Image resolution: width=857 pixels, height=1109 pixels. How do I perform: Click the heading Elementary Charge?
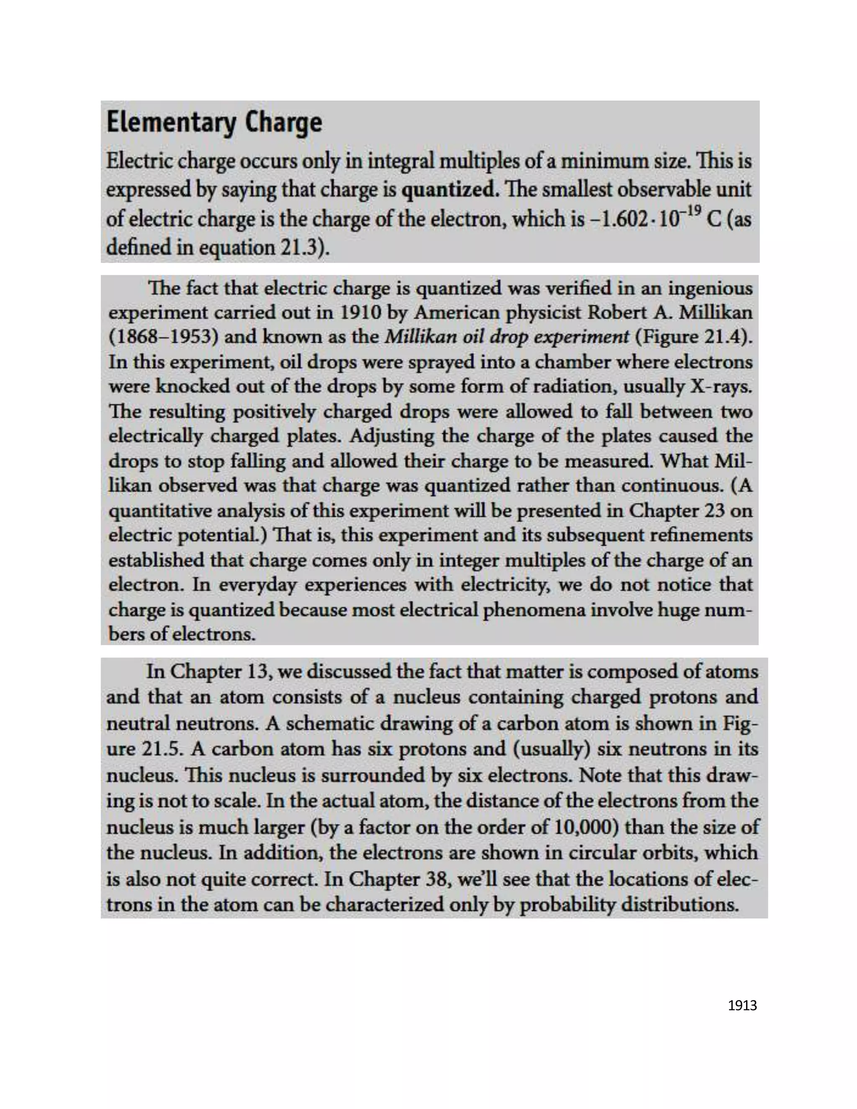214,123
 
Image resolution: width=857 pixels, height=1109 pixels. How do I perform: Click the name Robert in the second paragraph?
617,312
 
